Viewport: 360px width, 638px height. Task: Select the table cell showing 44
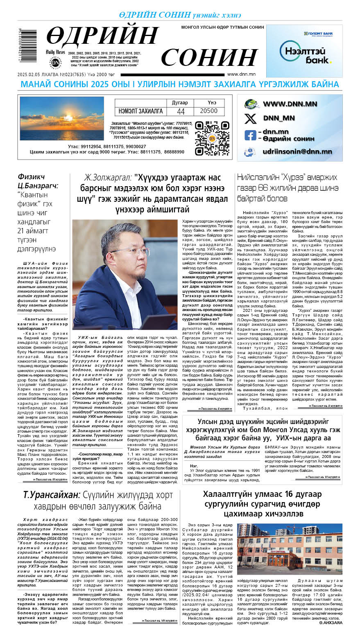tap(181, 111)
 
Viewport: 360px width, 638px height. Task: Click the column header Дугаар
tap(180, 103)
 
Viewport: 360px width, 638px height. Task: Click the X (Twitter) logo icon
tap(250, 119)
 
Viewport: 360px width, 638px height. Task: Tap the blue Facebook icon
tap(250, 135)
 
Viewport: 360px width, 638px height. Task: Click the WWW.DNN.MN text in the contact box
tap(290, 104)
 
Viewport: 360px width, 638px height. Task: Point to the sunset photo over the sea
tap(61, 119)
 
